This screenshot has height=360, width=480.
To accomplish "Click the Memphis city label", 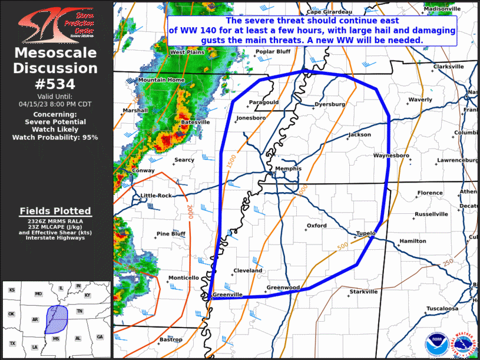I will [x=288, y=169].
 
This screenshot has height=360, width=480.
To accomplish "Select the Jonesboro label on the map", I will [x=251, y=118].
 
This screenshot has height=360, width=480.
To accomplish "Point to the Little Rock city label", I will [x=156, y=196].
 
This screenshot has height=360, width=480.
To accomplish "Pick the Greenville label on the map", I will [x=227, y=295].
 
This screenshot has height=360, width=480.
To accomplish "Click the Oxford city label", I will [x=317, y=225].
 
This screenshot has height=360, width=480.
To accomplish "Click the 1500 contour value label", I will [x=231, y=158].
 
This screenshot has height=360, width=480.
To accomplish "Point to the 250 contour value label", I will [x=448, y=262].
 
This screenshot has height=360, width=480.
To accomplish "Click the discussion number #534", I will [x=55, y=83].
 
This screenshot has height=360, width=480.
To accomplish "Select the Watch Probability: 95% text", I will [x=55, y=137].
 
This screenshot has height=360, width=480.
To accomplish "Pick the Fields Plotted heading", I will [x=55, y=211].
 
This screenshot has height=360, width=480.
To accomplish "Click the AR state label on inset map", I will [x=35, y=319].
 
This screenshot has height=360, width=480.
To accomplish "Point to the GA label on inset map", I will [x=100, y=337].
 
